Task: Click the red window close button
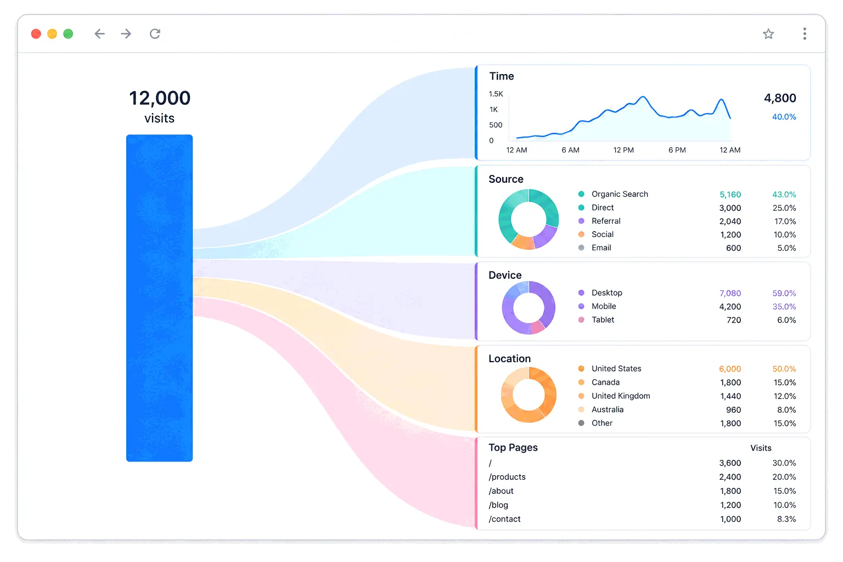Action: tap(36, 34)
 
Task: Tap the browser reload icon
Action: tap(155, 34)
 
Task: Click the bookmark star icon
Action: tap(768, 34)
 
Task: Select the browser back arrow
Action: tap(99, 34)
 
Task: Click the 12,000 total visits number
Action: tap(160, 98)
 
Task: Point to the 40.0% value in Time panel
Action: tap(784, 117)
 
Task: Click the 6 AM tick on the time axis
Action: tap(571, 150)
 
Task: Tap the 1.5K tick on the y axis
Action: tap(496, 94)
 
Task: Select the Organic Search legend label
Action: tap(620, 194)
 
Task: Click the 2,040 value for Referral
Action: tap(730, 221)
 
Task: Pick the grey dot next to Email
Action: tap(581, 248)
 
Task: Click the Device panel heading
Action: tap(505, 275)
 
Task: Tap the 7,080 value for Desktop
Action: tap(730, 293)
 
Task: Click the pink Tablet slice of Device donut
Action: tap(537, 327)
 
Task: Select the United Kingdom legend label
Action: tap(621, 396)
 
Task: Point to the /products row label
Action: tap(507, 477)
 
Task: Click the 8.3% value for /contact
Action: tap(786, 519)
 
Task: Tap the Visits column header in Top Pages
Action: tap(761, 448)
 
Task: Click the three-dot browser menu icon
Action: tap(805, 34)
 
